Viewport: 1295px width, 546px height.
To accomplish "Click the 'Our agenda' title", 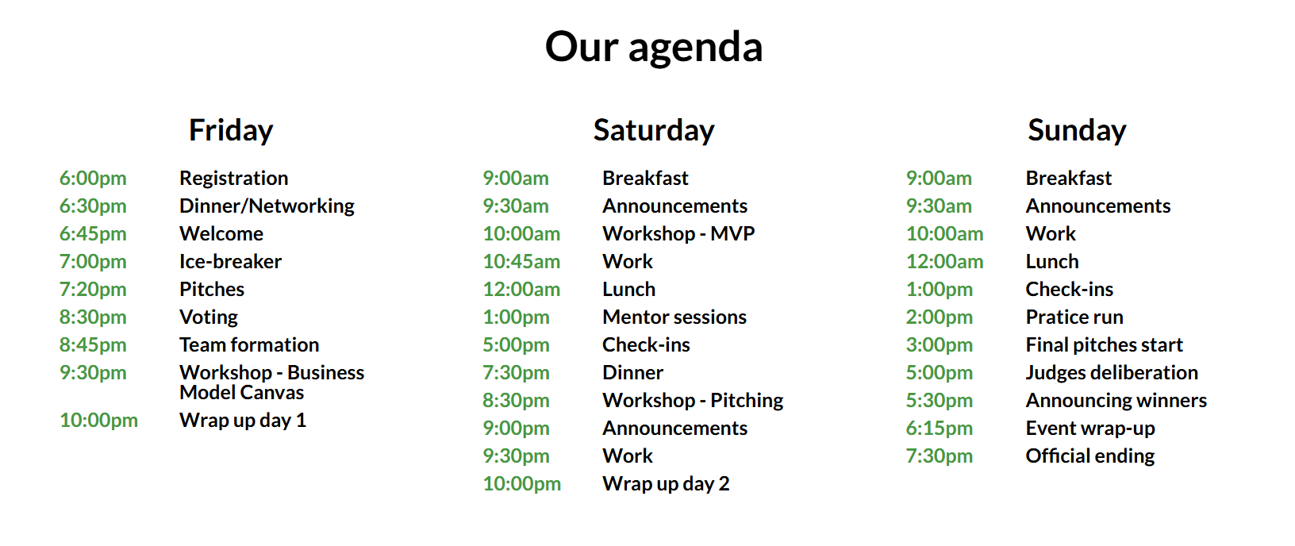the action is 654,48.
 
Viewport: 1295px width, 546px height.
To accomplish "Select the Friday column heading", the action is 231,131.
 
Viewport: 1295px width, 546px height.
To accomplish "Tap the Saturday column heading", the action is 654,131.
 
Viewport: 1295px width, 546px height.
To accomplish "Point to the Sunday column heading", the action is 1077,131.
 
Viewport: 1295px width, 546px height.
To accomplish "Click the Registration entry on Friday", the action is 233,178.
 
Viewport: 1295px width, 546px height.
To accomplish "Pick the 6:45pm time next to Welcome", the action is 93,233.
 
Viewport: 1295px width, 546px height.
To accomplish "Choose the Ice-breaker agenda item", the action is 230,261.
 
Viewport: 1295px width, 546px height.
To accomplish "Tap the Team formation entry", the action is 249,344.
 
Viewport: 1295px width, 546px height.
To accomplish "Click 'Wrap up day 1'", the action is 243,421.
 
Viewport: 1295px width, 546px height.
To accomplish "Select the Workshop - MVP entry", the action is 678,233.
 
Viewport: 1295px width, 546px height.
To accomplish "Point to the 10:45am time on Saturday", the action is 521,261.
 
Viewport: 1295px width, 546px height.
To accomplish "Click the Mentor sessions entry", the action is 674,317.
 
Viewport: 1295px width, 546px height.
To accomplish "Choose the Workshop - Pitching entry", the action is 694,400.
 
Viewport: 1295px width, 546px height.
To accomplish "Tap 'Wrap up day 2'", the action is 666,484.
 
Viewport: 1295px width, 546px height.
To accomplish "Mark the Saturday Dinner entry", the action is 633,372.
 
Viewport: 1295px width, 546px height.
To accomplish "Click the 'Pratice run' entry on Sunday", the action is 1074,317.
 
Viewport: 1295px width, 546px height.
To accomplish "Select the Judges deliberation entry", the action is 1112,373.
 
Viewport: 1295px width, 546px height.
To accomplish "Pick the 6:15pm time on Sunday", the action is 940,428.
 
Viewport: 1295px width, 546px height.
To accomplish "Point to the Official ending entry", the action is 1090,456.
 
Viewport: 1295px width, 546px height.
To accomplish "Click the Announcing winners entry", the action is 1116,401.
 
